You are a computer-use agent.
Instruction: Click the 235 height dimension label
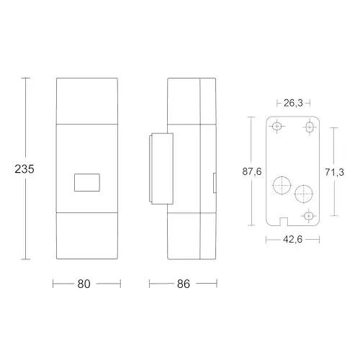24,169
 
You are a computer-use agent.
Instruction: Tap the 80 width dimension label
84,284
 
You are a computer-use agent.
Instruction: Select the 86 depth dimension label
184,284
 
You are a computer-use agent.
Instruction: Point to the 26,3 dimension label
293,103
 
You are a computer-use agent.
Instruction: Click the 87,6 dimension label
252,171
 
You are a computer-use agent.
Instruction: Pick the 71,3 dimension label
334,172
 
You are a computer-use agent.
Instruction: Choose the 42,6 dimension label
292,239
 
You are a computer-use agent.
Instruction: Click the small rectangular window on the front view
87,182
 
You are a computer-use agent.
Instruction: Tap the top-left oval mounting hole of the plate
277,126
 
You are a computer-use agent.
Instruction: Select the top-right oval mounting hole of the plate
310,127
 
